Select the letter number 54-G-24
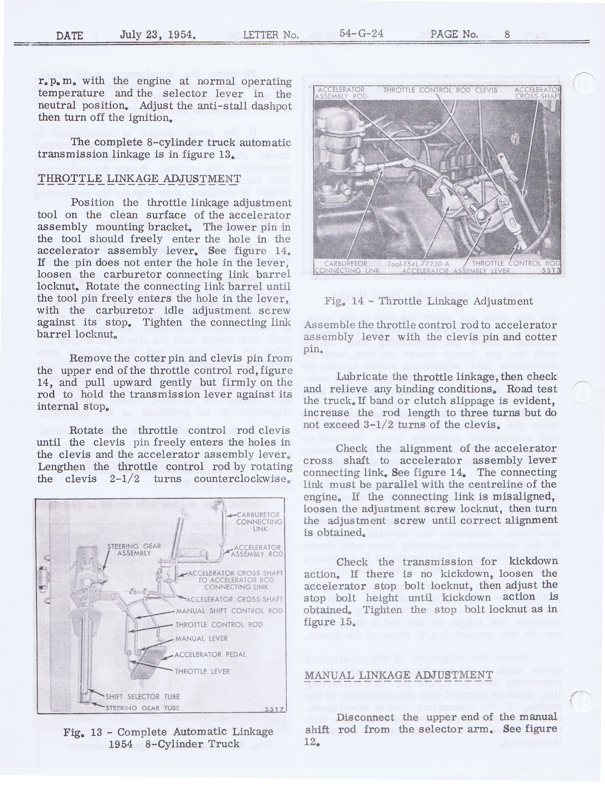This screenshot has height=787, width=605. tap(361, 34)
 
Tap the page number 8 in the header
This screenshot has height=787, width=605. tap(507, 35)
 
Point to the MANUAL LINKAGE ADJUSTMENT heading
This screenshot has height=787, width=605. tap(399, 675)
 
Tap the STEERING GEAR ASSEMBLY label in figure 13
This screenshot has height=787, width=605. tap(134, 550)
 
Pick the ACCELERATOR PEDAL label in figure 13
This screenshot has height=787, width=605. tap(210, 654)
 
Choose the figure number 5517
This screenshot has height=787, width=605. tap(274, 709)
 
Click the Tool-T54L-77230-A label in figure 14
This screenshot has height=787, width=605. tap(418, 264)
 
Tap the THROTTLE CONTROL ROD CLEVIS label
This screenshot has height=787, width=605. tap(440, 90)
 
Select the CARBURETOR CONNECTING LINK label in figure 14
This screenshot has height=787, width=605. tap(347, 267)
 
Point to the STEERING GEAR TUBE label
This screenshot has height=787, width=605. tap(142, 708)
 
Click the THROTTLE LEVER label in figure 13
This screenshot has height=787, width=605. tap(202, 671)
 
